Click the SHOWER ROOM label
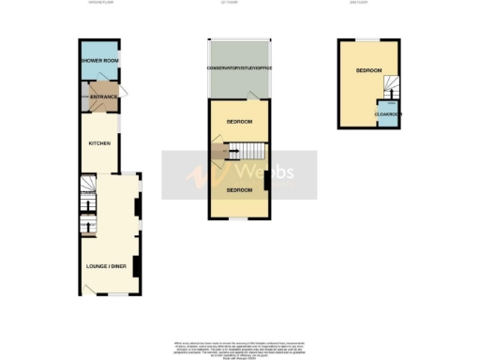click(x=98, y=61)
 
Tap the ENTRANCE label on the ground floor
click(x=100, y=96)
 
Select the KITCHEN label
click(x=100, y=143)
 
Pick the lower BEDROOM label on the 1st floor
click(x=239, y=190)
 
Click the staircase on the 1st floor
click(x=247, y=150)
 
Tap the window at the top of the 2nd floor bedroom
click(x=367, y=39)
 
